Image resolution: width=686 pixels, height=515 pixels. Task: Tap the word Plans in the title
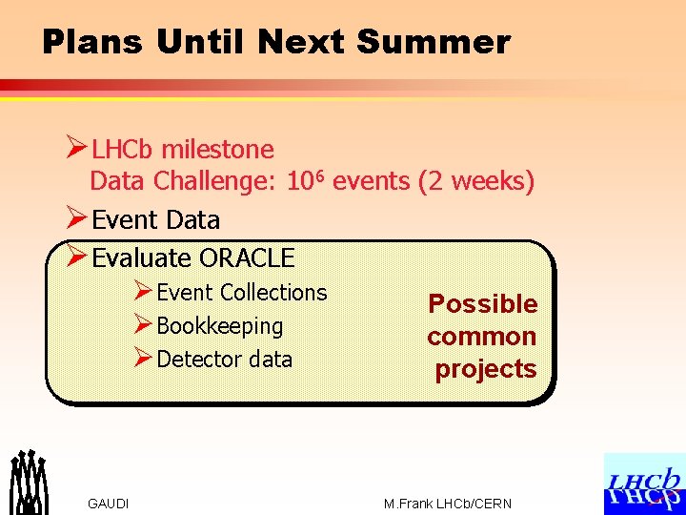click(x=93, y=42)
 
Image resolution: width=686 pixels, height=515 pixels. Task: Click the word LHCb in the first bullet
click(x=124, y=150)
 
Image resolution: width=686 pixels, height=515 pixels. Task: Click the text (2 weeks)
click(x=476, y=180)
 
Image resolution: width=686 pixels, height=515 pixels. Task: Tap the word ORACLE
click(x=247, y=257)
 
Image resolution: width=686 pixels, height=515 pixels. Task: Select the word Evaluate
click(x=141, y=257)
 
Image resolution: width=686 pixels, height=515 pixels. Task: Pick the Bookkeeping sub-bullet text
click(x=219, y=326)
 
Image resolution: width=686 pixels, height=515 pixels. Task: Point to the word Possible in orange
click(x=482, y=304)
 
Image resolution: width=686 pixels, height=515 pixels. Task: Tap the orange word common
click(x=481, y=337)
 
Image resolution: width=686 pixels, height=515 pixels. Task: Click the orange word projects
click(x=485, y=369)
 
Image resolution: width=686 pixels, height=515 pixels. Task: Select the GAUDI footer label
click(x=108, y=504)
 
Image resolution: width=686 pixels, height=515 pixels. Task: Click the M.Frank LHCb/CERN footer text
click(x=447, y=504)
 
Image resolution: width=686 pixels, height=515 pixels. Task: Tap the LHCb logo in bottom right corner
click(x=644, y=484)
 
